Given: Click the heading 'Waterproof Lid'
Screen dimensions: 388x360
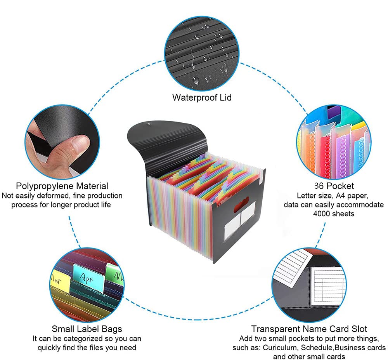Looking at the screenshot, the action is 202,97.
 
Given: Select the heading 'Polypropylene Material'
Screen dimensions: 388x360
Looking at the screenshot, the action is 62,186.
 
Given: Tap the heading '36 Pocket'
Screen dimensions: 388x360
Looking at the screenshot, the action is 334,186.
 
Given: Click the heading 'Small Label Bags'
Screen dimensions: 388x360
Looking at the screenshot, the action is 87,329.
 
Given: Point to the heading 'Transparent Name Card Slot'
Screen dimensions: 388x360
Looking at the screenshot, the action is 309,329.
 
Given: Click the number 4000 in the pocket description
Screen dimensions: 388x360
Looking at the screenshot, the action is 322,214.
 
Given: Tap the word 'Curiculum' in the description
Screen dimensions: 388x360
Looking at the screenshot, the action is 279,348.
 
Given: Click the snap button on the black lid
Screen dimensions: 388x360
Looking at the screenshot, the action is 149,123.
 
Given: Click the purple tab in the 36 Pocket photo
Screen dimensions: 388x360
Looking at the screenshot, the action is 334,112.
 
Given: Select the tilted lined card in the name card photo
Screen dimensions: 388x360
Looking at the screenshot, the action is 292,268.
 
